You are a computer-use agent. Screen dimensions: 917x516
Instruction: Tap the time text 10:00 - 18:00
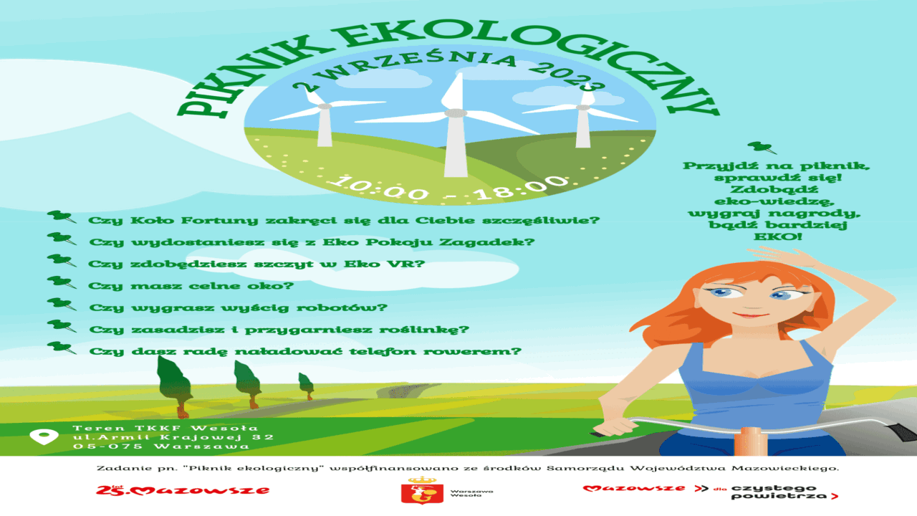pyautogui.click(x=449, y=188)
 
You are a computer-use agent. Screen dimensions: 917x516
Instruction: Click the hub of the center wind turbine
pyautogui.click(x=456, y=113)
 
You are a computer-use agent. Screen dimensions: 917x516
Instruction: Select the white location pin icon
pyautogui.click(x=44, y=436)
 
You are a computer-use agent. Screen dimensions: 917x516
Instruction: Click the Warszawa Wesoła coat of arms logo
pyautogui.click(x=422, y=491)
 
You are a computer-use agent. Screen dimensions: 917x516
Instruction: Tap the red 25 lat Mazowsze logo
pyautogui.click(x=183, y=489)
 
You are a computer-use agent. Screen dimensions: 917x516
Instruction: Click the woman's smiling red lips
pyautogui.click(x=752, y=315)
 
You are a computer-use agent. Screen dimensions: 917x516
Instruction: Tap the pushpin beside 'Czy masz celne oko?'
pyautogui.click(x=62, y=282)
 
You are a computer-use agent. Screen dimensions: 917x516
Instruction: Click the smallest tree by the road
pyautogui.click(x=306, y=386)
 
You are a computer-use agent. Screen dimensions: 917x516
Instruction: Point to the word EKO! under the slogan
pyautogui.click(x=778, y=236)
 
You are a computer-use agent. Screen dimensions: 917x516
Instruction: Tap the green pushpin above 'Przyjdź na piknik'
pyautogui.click(x=762, y=148)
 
